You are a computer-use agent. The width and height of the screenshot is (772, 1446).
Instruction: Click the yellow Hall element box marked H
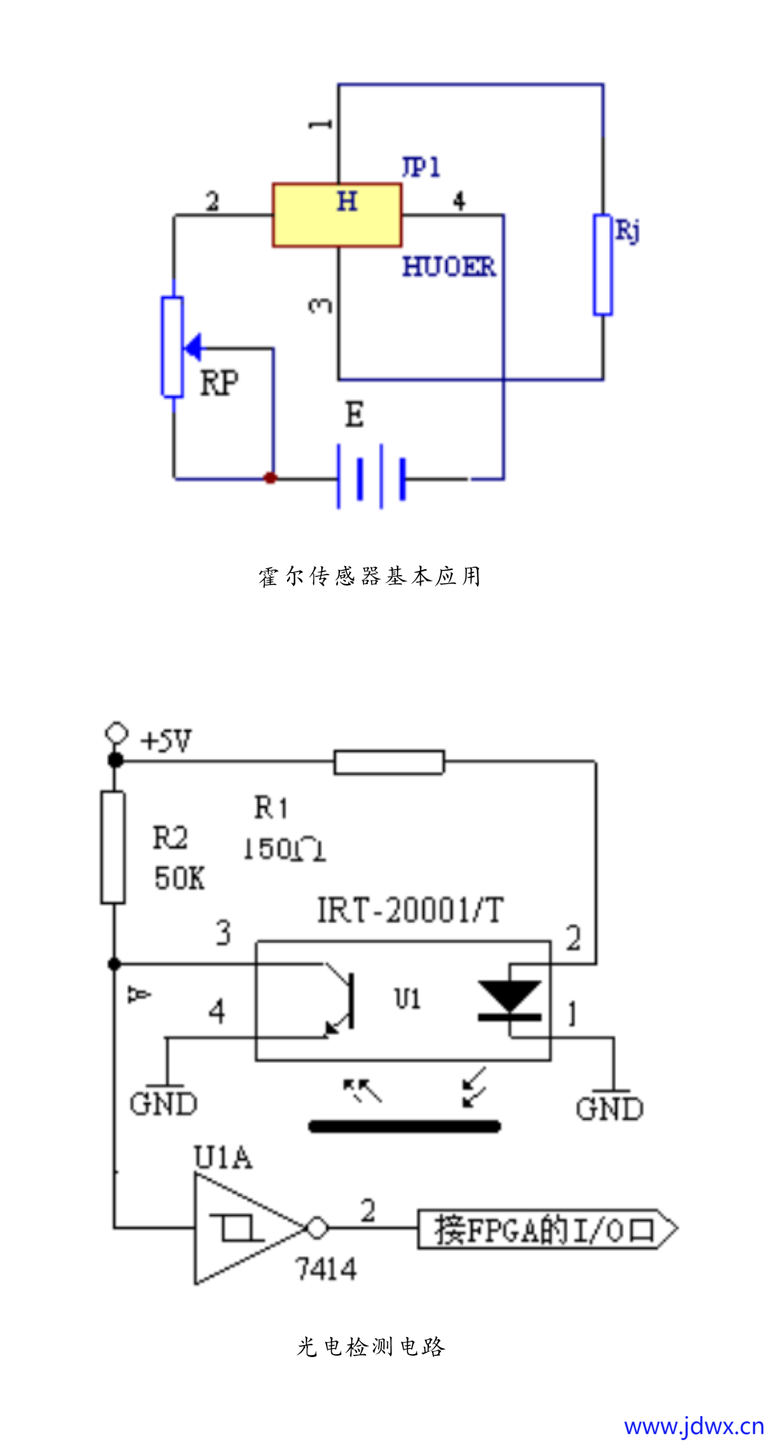pos(336,215)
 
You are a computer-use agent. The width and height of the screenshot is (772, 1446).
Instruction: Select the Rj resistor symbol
pos(602,264)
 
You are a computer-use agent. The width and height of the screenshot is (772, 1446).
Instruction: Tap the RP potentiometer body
pos(173,347)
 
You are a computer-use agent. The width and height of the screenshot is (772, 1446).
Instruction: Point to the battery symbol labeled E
pos(371,477)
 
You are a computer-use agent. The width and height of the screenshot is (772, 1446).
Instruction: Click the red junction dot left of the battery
pos(271,478)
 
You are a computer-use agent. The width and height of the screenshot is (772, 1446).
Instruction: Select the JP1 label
pos(421,167)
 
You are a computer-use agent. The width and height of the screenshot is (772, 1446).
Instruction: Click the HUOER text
pos(448,267)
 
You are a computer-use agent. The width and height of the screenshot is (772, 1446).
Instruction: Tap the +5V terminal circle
pos(116,732)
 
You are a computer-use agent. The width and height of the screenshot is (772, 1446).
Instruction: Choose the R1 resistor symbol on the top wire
pos(389,762)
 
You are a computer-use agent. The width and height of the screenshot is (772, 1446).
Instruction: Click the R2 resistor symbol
pos(113,848)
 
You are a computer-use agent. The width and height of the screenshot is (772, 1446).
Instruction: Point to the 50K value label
pos(179,878)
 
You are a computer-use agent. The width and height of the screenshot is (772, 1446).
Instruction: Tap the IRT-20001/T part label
pos(410,910)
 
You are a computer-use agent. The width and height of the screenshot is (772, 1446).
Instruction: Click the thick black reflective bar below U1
pos(404,1126)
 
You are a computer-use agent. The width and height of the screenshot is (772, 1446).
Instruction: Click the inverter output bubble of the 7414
pos(318,1228)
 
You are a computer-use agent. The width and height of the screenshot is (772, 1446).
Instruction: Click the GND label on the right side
pos(609,1109)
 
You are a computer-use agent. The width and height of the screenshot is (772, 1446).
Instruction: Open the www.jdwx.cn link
pos(694,1426)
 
